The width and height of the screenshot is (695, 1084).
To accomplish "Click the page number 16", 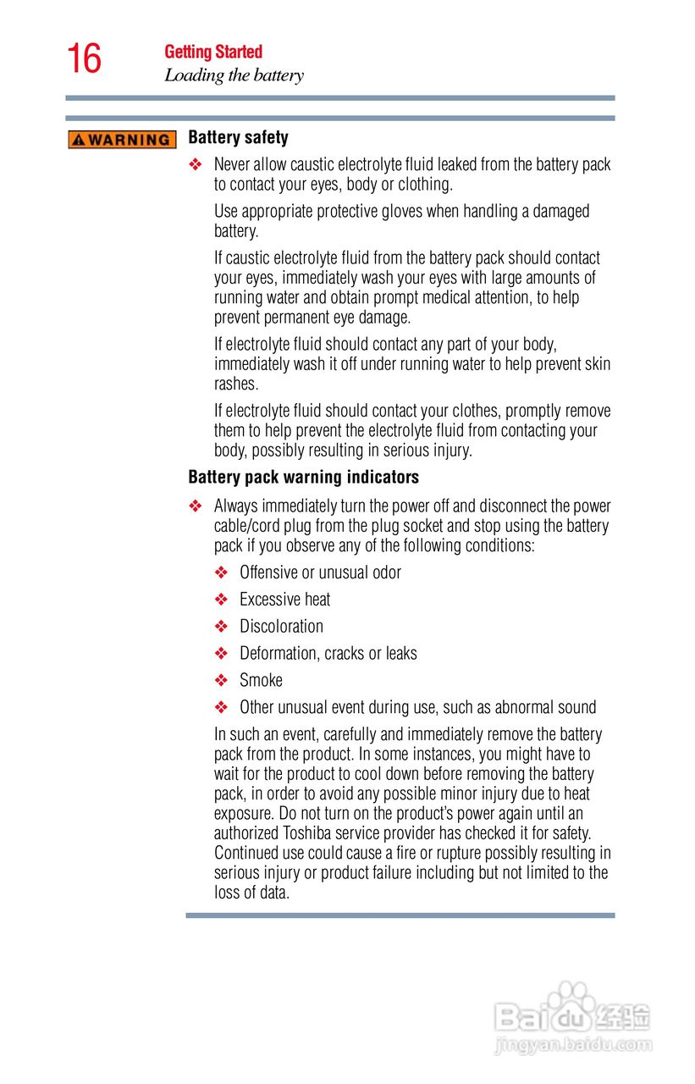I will point(84,59).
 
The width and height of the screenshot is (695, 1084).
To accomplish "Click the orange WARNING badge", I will point(122,140).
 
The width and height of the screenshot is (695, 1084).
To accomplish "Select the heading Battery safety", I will point(238,137).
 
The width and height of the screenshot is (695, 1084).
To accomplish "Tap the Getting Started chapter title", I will point(213,52).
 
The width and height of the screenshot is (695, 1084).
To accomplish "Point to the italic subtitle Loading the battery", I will point(234,75).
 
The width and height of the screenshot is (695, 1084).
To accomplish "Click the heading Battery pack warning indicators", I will point(303,478).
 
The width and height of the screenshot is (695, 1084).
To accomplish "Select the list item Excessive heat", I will point(284,600).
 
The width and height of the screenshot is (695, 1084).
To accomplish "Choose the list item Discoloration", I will point(281,627).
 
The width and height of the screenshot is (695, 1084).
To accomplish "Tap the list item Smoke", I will point(261,680).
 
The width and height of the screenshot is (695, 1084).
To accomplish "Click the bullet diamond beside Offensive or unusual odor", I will point(222,573).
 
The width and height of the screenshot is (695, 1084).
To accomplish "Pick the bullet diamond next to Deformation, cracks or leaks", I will point(222,654).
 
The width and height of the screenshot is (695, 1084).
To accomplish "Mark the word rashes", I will point(234,384).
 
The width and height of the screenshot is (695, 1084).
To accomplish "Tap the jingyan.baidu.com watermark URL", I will point(573,1045).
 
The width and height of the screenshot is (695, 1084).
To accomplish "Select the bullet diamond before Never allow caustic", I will point(196,164).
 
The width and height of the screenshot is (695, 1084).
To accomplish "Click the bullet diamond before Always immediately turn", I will point(196,506).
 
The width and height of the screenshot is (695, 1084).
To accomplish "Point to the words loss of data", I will point(251,893).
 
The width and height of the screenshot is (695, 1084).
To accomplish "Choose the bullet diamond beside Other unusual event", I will point(222,707).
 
